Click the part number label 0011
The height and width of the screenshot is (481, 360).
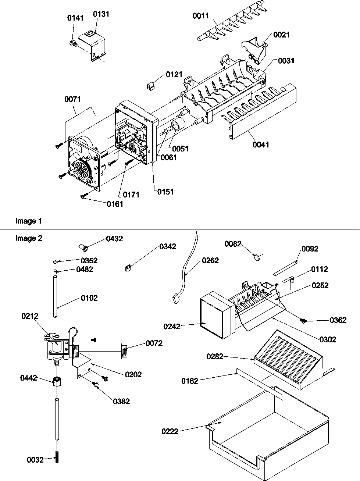201,16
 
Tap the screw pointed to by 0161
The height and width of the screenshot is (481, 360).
83,196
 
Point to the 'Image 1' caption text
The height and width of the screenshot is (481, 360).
28,221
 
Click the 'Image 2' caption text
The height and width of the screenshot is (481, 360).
28,238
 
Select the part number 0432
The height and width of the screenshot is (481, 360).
114,239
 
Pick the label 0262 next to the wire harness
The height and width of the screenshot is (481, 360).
210,260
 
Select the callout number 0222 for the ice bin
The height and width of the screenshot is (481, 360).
170,431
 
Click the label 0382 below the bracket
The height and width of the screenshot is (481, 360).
121,401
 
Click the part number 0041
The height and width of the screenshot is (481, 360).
261,145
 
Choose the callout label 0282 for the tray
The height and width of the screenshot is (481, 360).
215,356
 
